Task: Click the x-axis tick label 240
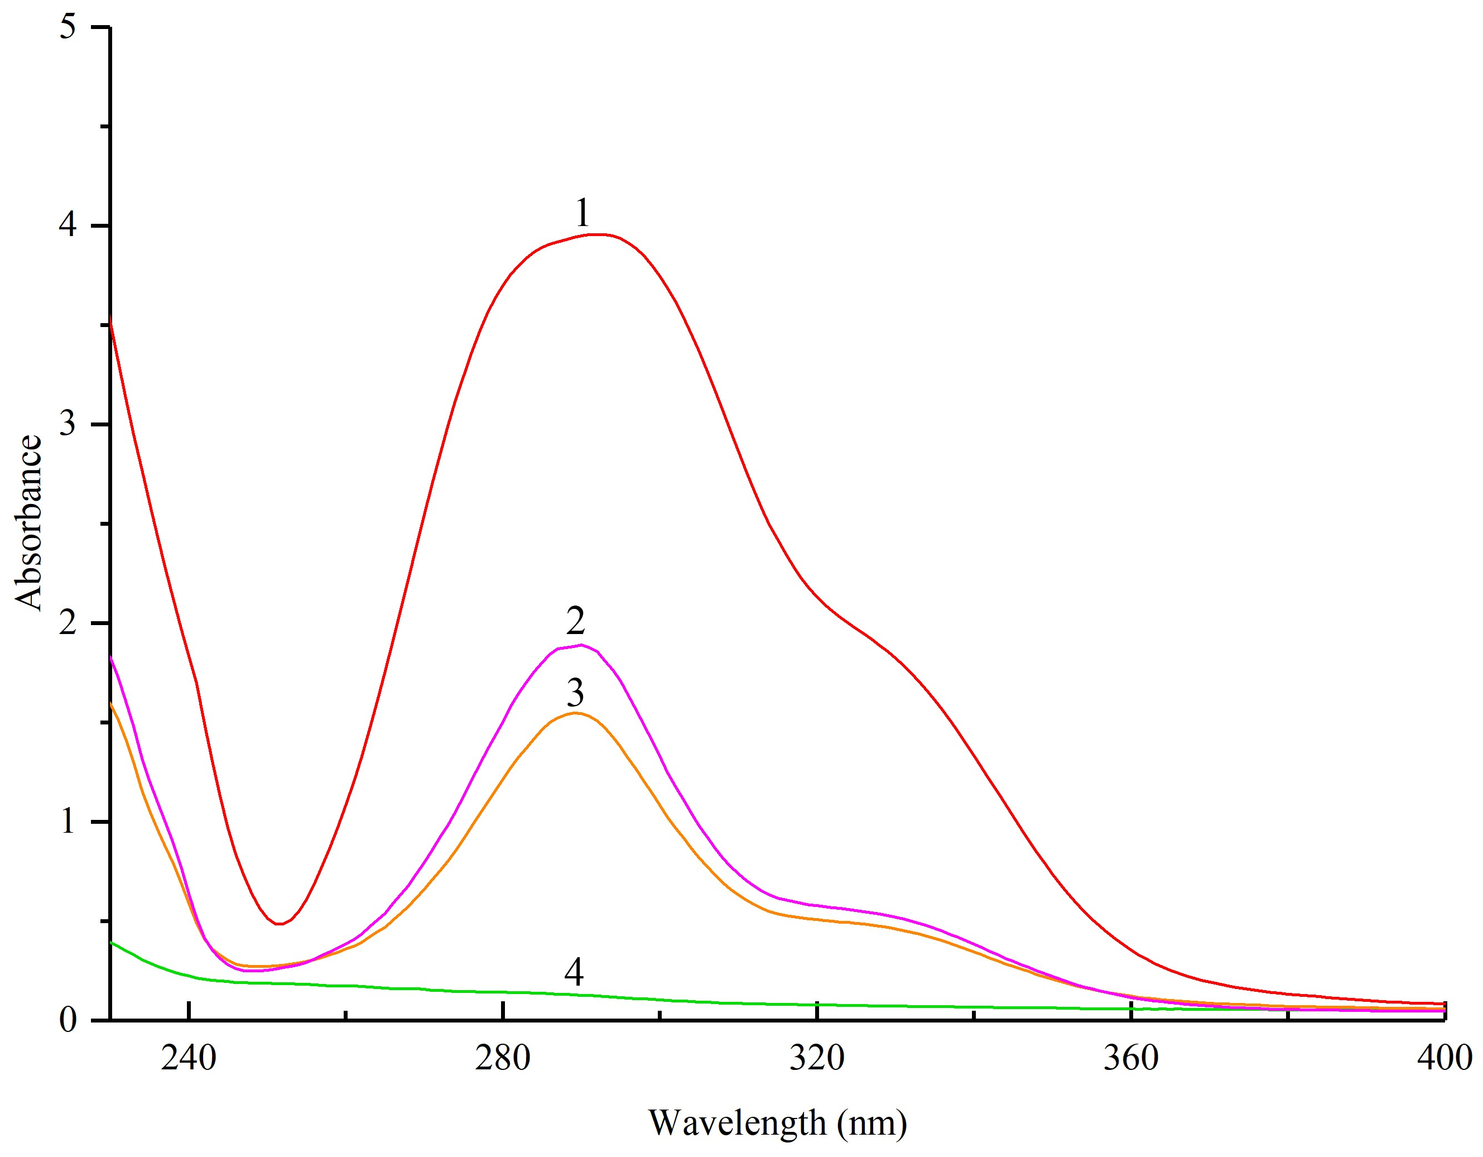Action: [x=189, y=1058]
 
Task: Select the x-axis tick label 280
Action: [x=503, y=1058]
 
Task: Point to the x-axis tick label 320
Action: [x=817, y=1058]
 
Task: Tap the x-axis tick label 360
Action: [x=1130, y=1058]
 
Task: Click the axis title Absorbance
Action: [x=28, y=522]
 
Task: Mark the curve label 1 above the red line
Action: [x=582, y=213]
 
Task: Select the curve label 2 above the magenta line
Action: [x=575, y=620]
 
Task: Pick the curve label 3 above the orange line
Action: [x=575, y=693]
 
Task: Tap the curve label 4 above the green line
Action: [x=574, y=972]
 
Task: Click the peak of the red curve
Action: [x=598, y=234]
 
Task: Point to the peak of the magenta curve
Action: [x=581, y=644]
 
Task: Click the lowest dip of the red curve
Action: [x=278, y=924]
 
